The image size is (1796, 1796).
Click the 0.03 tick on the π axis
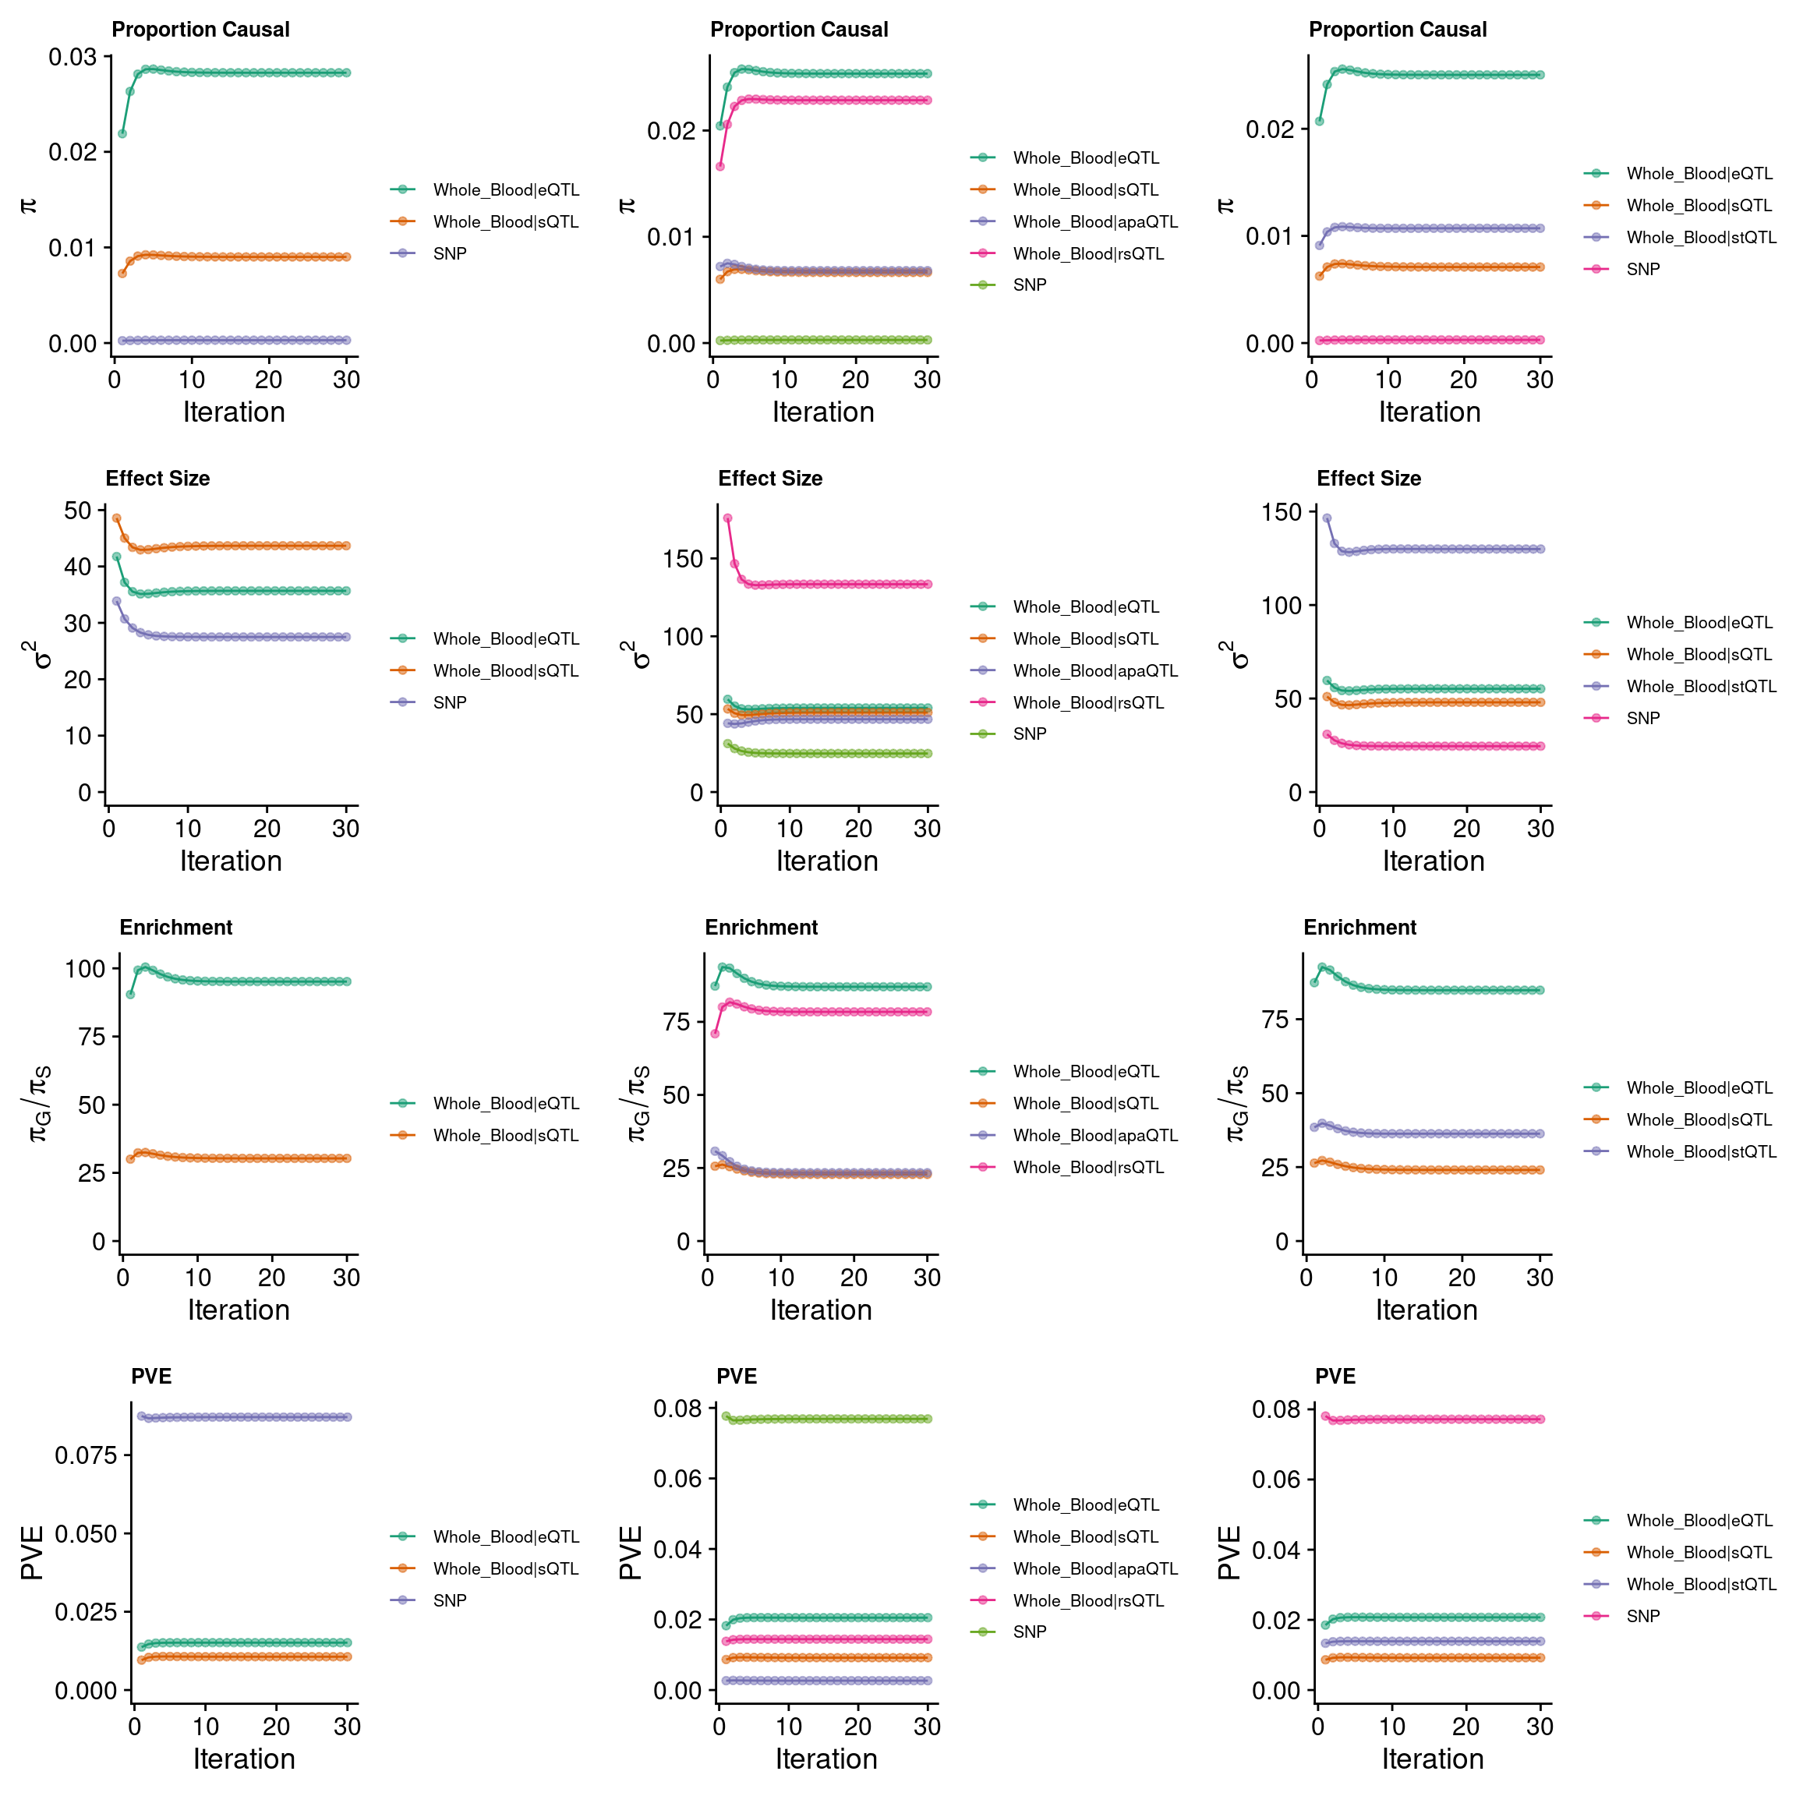[x=72, y=58]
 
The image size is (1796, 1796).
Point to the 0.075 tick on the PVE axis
[x=87, y=1455]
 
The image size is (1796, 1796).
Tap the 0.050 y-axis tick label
[x=87, y=1534]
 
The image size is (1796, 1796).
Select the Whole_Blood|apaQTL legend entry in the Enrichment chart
[x=1095, y=1135]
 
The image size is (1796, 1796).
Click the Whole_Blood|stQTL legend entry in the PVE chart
[x=1700, y=1584]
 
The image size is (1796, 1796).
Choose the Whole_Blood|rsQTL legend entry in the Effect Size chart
[x=1087, y=703]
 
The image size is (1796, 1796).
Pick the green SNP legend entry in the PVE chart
[x=1029, y=1632]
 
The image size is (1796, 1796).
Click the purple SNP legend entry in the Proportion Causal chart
[x=449, y=253]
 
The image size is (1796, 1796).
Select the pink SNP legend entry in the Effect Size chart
[x=1642, y=718]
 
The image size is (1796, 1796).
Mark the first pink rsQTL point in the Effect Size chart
[x=728, y=518]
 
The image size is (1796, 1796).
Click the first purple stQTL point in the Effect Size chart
[x=1327, y=518]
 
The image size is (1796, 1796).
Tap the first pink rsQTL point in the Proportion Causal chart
[x=719, y=166]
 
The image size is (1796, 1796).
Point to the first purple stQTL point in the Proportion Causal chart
[x=1319, y=246]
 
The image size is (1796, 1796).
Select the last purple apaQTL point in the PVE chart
[x=927, y=1681]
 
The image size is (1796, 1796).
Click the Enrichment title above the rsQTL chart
[x=762, y=927]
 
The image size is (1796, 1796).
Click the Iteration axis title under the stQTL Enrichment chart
[x=1426, y=1310]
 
